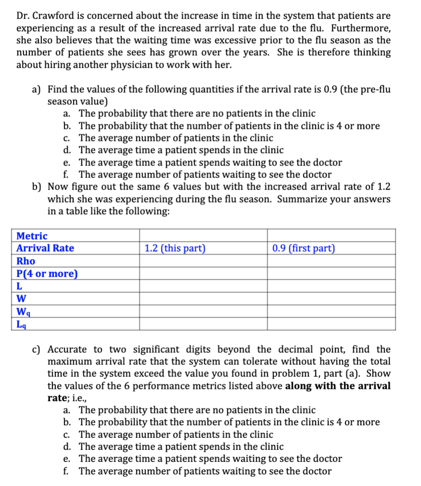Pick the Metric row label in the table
[x=32, y=236]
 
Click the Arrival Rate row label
[x=45, y=248]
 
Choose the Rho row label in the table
[x=26, y=261]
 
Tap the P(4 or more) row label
[x=47, y=274]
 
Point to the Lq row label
[x=22, y=324]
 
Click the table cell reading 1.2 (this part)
[x=175, y=248]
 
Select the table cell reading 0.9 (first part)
[x=303, y=248]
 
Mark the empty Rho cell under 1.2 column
[x=203, y=261]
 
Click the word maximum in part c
[x=72, y=361]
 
